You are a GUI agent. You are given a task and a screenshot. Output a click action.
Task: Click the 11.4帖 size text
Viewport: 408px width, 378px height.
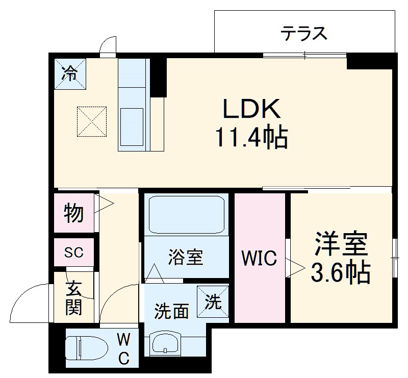click(251, 137)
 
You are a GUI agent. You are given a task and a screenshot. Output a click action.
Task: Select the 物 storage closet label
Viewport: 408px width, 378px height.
click(74, 213)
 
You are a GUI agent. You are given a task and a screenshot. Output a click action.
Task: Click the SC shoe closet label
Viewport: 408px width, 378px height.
click(74, 252)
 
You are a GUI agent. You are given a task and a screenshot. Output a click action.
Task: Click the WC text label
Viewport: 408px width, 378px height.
click(123, 349)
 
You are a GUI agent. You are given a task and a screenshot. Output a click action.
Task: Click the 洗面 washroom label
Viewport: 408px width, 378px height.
click(172, 311)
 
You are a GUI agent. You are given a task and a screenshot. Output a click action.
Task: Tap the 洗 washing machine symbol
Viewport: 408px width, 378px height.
click(213, 302)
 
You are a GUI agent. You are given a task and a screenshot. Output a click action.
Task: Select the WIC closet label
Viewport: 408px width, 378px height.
click(259, 259)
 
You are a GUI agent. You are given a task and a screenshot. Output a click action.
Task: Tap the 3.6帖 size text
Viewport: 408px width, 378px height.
click(341, 273)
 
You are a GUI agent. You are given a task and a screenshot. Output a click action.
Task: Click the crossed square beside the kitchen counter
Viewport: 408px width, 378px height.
click(92, 121)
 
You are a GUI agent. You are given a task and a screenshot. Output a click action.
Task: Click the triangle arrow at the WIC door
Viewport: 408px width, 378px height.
click(296, 267)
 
